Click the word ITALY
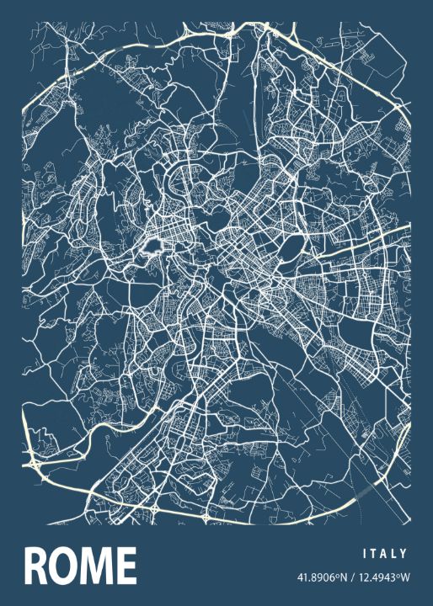click(x=385, y=554)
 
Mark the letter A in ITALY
click(x=385, y=554)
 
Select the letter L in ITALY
click(x=395, y=554)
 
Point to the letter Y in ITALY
click(x=405, y=554)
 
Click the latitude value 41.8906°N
click(x=321, y=578)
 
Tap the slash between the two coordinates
click(x=352, y=578)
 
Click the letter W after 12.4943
click(x=404, y=578)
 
